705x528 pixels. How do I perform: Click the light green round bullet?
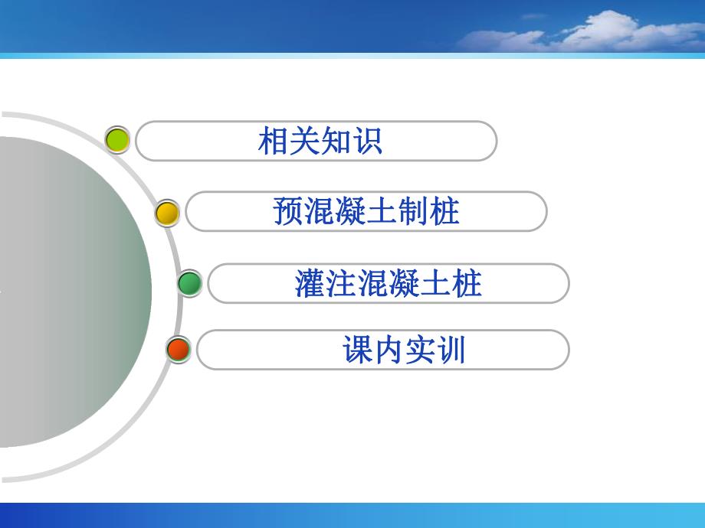(117, 140)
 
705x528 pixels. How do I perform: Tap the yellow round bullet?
(167, 212)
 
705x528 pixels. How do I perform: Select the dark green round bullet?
(189, 283)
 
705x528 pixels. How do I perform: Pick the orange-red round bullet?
(178, 350)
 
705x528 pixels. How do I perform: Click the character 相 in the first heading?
(274, 142)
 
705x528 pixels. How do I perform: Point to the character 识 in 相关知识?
(366, 142)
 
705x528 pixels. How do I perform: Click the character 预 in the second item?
(288, 212)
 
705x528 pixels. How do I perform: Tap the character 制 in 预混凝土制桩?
(413, 212)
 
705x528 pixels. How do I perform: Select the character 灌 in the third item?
(310, 284)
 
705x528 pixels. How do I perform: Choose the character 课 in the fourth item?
(358, 350)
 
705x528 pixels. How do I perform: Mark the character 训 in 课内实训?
(451, 350)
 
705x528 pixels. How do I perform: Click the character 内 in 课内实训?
(389, 350)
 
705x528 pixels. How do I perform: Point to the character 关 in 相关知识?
(304, 142)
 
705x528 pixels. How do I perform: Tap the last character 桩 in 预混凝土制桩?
(444, 212)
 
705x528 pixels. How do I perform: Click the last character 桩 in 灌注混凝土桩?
(467, 284)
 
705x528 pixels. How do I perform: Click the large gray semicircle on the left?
(69, 291)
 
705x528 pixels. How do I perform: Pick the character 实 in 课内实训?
(420, 350)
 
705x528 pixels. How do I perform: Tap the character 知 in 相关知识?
(335, 142)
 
